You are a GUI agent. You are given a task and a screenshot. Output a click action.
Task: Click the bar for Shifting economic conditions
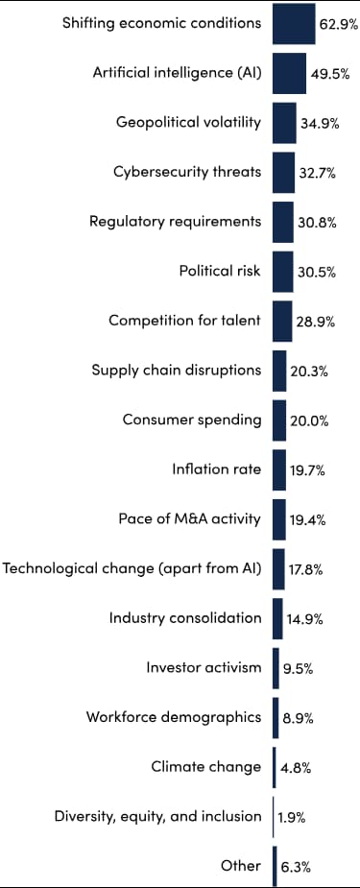294,24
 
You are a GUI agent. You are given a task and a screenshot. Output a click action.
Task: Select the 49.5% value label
329,74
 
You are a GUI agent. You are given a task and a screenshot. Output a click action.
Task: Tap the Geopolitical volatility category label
188,122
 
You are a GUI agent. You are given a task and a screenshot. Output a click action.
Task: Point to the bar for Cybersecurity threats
283,173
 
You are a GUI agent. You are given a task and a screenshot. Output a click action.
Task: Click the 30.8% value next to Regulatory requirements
316,223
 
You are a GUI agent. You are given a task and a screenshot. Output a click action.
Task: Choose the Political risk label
220,271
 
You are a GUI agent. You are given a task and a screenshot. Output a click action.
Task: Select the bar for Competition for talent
282,321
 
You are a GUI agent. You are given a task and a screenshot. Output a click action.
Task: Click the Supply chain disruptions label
176,370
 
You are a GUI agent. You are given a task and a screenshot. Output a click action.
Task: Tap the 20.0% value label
308,420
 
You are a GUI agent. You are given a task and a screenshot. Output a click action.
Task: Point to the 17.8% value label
306,569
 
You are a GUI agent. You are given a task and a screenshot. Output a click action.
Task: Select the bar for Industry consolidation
277,617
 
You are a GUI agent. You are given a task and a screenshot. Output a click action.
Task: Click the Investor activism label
204,667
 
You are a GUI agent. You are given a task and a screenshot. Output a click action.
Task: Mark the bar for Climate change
275,766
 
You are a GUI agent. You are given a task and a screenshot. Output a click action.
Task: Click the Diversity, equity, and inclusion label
157,816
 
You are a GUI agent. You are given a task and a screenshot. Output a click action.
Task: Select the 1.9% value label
293,817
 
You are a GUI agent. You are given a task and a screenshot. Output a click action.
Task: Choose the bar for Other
275,865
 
